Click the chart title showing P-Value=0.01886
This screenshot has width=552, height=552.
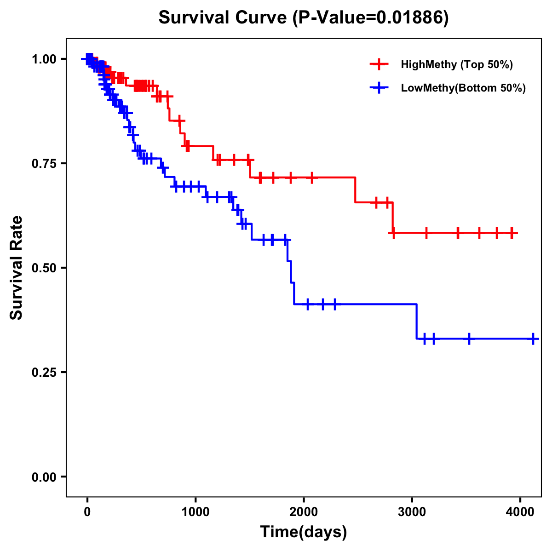[303, 18]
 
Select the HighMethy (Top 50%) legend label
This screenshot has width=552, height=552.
[457, 64]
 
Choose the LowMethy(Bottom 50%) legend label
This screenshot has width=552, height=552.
[463, 88]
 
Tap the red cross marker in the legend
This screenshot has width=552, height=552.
[379, 64]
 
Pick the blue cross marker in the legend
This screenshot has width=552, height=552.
[379, 88]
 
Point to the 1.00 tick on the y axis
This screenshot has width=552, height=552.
[44, 59]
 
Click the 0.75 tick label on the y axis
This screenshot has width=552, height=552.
[44, 164]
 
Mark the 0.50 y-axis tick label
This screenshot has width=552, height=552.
[44, 268]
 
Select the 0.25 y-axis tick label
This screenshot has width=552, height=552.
[44, 373]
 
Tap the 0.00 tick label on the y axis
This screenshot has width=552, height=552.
[44, 477]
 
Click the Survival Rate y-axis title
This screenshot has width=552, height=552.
[17, 267]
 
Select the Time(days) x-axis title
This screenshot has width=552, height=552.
[304, 532]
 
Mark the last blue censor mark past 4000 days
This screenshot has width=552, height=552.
[533, 339]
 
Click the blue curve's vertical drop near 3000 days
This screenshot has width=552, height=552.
[417, 322]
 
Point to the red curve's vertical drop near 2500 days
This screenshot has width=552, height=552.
[355, 190]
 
